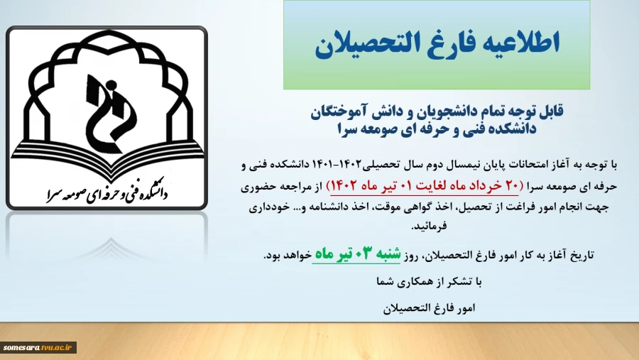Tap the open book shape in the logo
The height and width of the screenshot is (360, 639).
point(106,157)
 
